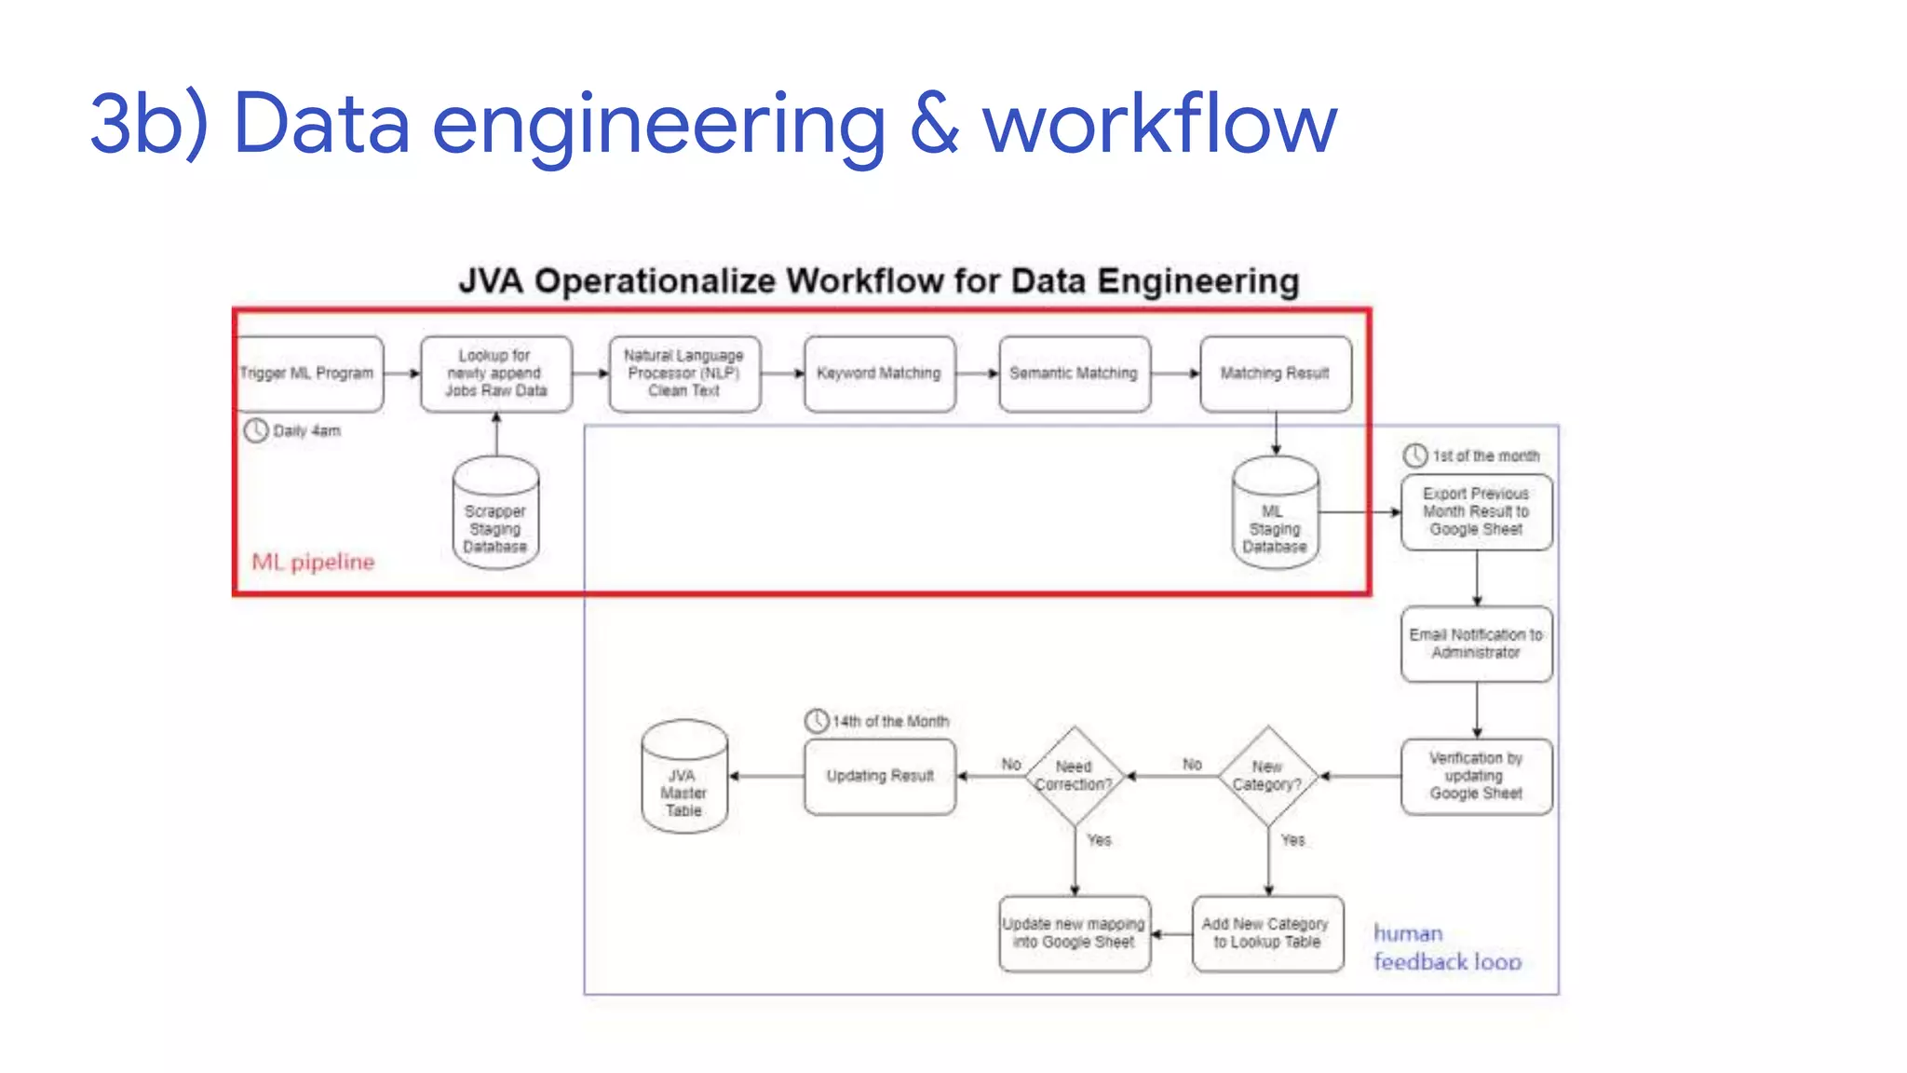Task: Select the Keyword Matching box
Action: [x=879, y=374]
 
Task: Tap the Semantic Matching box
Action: [x=1074, y=374]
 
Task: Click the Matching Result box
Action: [x=1275, y=374]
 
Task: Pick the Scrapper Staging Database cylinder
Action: [x=495, y=514]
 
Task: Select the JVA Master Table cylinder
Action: [x=684, y=778]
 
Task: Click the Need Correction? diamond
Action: [x=1074, y=776]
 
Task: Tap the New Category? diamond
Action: [x=1267, y=776]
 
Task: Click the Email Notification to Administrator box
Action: [x=1476, y=644]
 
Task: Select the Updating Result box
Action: [x=879, y=776]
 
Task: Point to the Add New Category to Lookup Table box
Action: [x=1267, y=933]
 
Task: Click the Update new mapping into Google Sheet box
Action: [x=1074, y=933]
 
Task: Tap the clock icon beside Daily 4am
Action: [x=256, y=430]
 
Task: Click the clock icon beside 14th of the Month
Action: [x=817, y=721]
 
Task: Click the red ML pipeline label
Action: [x=313, y=562]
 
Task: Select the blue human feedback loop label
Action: [x=1446, y=947]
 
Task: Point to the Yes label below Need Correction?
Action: [x=1099, y=840]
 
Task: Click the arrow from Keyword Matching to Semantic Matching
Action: [x=977, y=374]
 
